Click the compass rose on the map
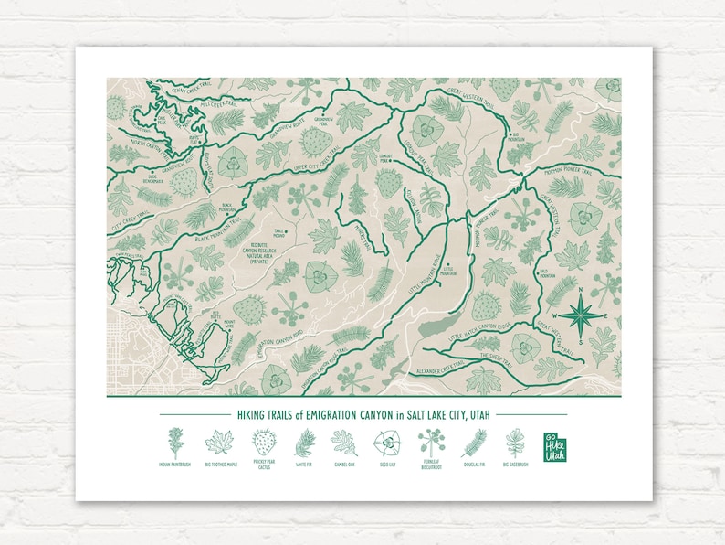[x=580, y=315]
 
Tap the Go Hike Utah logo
[x=554, y=445]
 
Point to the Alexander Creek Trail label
[x=439, y=370]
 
